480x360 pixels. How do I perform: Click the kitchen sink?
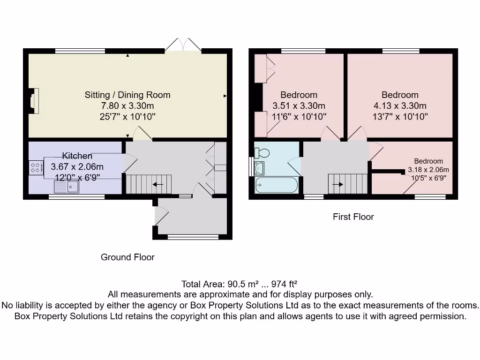[x=67, y=187]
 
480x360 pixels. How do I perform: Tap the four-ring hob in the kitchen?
[x=36, y=168]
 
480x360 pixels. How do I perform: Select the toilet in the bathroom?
[x=262, y=152]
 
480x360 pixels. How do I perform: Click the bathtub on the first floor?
[x=277, y=185]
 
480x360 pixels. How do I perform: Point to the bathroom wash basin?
[x=259, y=168]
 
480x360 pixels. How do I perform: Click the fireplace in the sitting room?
[x=33, y=101]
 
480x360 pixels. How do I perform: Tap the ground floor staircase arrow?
[x=158, y=184]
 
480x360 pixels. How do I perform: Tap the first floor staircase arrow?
[x=337, y=184]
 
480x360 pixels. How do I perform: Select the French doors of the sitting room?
[x=183, y=45]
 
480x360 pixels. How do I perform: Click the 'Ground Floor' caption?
[x=127, y=257]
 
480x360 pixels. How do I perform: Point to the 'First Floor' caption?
[x=353, y=217]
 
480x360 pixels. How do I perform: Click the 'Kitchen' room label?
[x=77, y=156]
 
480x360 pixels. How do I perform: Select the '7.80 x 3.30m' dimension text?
[x=127, y=105]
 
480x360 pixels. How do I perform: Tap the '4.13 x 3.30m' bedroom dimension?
[x=400, y=105]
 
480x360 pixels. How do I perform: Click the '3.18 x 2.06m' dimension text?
[x=428, y=170]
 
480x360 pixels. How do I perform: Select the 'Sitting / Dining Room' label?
[x=127, y=95]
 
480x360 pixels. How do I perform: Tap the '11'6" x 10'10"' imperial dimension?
[x=299, y=117]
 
